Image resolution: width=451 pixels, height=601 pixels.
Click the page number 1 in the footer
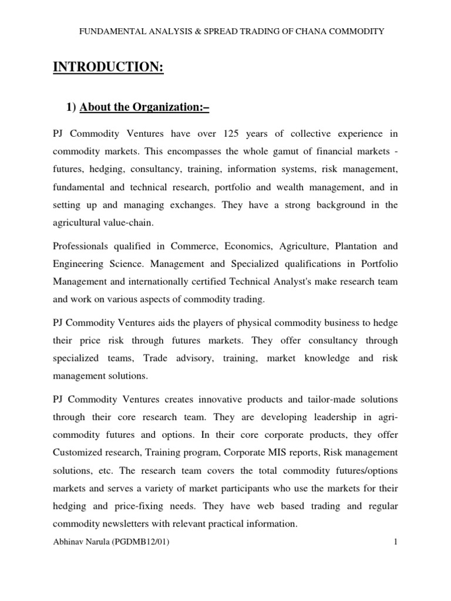[396, 543]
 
